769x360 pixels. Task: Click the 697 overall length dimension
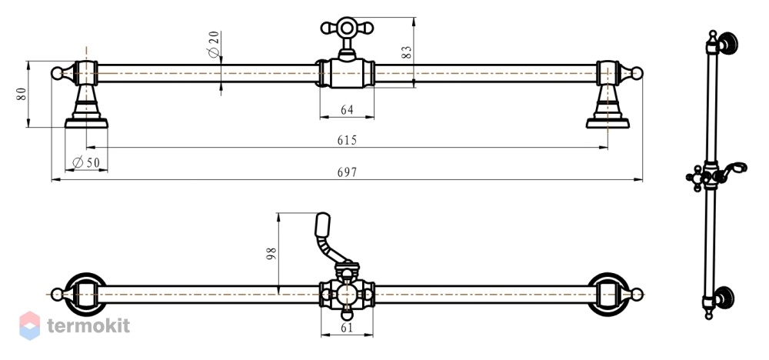tap(347, 172)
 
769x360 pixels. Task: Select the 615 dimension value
tap(347, 140)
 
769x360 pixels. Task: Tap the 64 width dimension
tap(347, 110)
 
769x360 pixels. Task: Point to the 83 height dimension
tap(407, 52)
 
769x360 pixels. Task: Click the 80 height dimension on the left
tap(21, 94)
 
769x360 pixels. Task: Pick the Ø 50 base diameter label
tap(86, 162)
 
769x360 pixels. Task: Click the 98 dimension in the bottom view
tap(271, 254)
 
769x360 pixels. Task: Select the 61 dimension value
tap(347, 328)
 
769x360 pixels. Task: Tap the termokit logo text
tap(88, 325)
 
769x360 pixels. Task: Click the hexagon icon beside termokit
tap(29, 325)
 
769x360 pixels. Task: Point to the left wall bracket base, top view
tap(86, 122)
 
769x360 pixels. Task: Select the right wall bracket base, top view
tap(608, 122)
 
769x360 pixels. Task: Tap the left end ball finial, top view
tap(58, 74)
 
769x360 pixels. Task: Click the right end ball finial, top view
tap(637, 74)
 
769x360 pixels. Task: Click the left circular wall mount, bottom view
tap(85, 295)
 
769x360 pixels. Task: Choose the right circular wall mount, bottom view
tap(608, 295)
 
